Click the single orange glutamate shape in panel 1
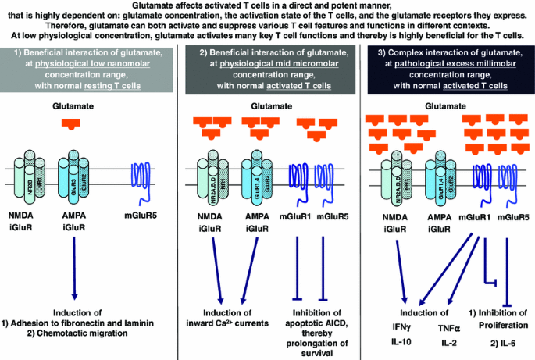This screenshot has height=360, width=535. [x=71, y=123]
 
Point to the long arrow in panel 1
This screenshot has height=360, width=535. [x=75, y=266]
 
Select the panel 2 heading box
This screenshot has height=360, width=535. [x=266, y=73]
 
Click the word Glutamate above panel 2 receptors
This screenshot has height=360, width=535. [x=267, y=104]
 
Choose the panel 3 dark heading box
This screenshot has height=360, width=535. [x=445, y=73]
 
